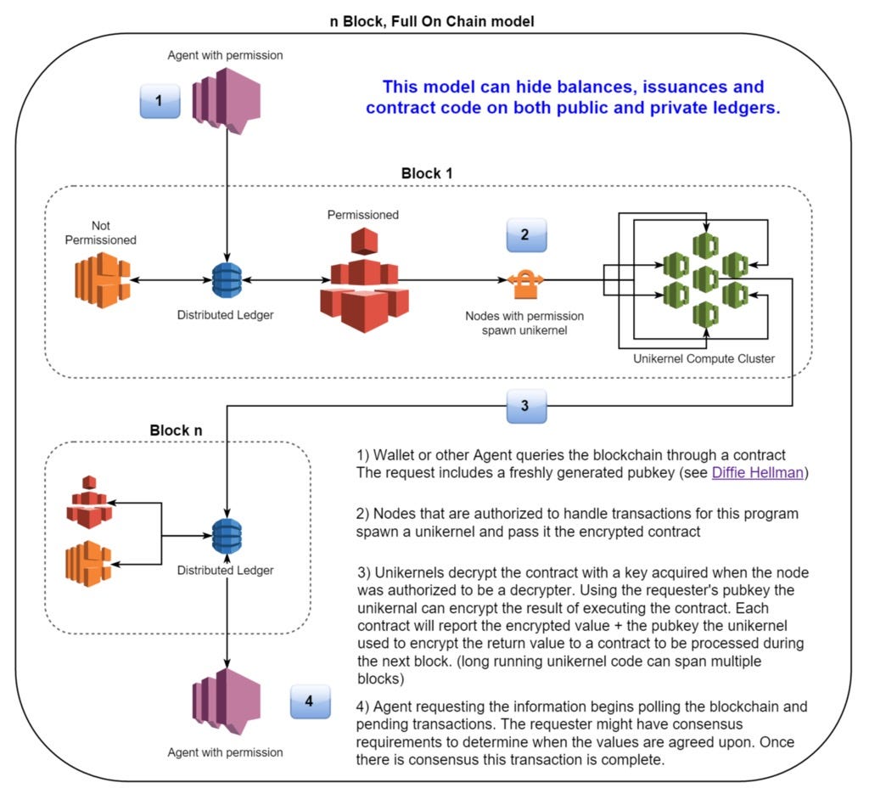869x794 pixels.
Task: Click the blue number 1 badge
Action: pyautogui.click(x=160, y=100)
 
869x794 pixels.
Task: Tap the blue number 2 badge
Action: pyautogui.click(x=524, y=234)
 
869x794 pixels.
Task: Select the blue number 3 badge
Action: pyautogui.click(x=524, y=406)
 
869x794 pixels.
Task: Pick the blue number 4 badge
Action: pyautogui.click(x=310, y=701)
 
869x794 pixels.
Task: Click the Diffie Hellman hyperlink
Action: pyautogui.click(x=757, y=472)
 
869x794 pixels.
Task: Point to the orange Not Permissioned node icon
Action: pyautogui.click(x=99, y=280)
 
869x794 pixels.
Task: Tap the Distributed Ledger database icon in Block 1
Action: pyautogui.click(x=227, y=279)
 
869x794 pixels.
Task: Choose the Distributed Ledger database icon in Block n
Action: pyautogui.click(x=227, y=536)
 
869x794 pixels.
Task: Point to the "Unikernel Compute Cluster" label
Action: pyautogui.click(x=704, y=358)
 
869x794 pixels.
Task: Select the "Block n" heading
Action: pyautogui.click(x=176, y=430)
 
